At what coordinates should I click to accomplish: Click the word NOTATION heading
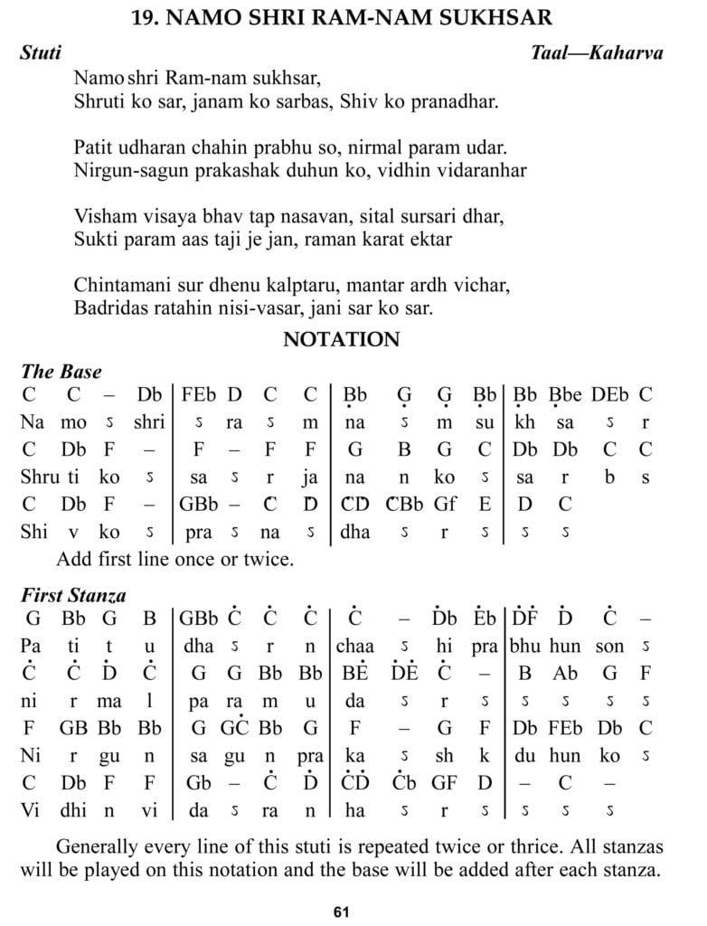(x=341, y=340)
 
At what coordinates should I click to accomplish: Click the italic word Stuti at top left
(x=41, y=53)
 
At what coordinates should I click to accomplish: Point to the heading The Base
(x=61, y=372)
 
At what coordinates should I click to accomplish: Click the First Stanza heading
(x=73, y=596)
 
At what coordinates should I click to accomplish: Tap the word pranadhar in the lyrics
(x=452, y=102)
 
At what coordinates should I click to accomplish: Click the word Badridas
(x=108, y=308)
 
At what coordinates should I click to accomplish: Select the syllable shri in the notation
(x=148, y=422)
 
